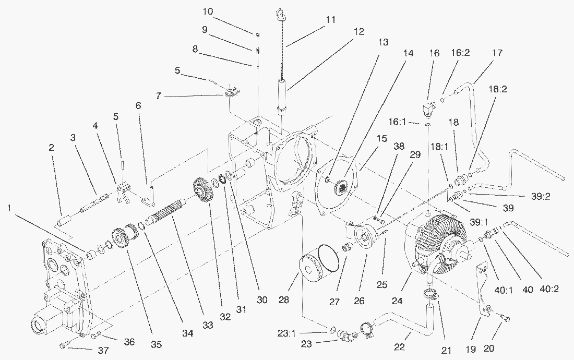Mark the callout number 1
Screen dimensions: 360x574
[9, 208]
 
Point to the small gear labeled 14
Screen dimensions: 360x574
[342, 187]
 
